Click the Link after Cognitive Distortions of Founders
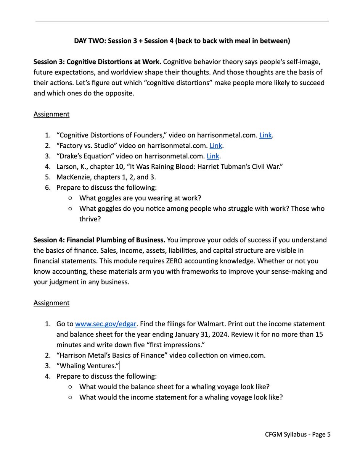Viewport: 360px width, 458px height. (265, 135)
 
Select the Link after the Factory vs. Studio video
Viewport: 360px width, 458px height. (216, 145)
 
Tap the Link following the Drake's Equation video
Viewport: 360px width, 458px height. (213, 156)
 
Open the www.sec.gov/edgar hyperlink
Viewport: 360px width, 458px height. (106, 324)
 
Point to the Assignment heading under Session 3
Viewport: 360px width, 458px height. (51, 114)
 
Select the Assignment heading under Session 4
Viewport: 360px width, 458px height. (51, 303)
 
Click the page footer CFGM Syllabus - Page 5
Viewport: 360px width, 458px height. (298, 434)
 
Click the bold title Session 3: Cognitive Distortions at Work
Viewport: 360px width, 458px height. (98, 62)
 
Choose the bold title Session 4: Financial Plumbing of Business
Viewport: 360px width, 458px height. (100, 240)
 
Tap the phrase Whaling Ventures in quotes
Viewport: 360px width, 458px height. (87, 366)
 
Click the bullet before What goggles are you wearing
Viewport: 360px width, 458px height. (71, 198)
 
